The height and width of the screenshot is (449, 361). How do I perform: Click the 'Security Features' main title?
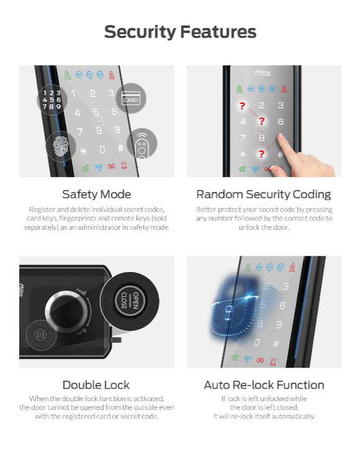click(180, 32)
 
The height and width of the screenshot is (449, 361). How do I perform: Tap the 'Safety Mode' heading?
click(96, 194)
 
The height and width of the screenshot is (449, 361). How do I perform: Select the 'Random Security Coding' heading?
click(263, 194)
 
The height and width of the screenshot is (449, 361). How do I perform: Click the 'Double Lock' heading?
click(96, 385)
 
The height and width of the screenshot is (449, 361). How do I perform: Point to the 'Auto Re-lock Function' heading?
click(264, 385)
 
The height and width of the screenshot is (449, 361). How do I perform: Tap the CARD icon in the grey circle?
click(131, 98)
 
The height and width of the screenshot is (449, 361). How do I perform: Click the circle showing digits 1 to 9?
click(52, 99)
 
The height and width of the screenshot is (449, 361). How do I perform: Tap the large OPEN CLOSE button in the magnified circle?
click(130, 301)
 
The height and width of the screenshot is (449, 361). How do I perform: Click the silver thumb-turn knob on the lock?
click(66, 311)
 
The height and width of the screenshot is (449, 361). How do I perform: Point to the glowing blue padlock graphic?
click(234, 307)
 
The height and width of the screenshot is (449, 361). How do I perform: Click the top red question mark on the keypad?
click(242, 106)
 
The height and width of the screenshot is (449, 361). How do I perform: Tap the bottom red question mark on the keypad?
click(262, 154)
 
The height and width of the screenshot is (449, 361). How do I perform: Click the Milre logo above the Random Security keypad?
click(262, 73)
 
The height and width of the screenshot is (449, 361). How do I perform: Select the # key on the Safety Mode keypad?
click(121, 148)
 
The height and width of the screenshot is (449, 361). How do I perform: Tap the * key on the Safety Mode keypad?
click(83, 151)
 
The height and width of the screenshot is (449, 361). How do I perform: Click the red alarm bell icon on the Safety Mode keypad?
click(124, 165)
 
